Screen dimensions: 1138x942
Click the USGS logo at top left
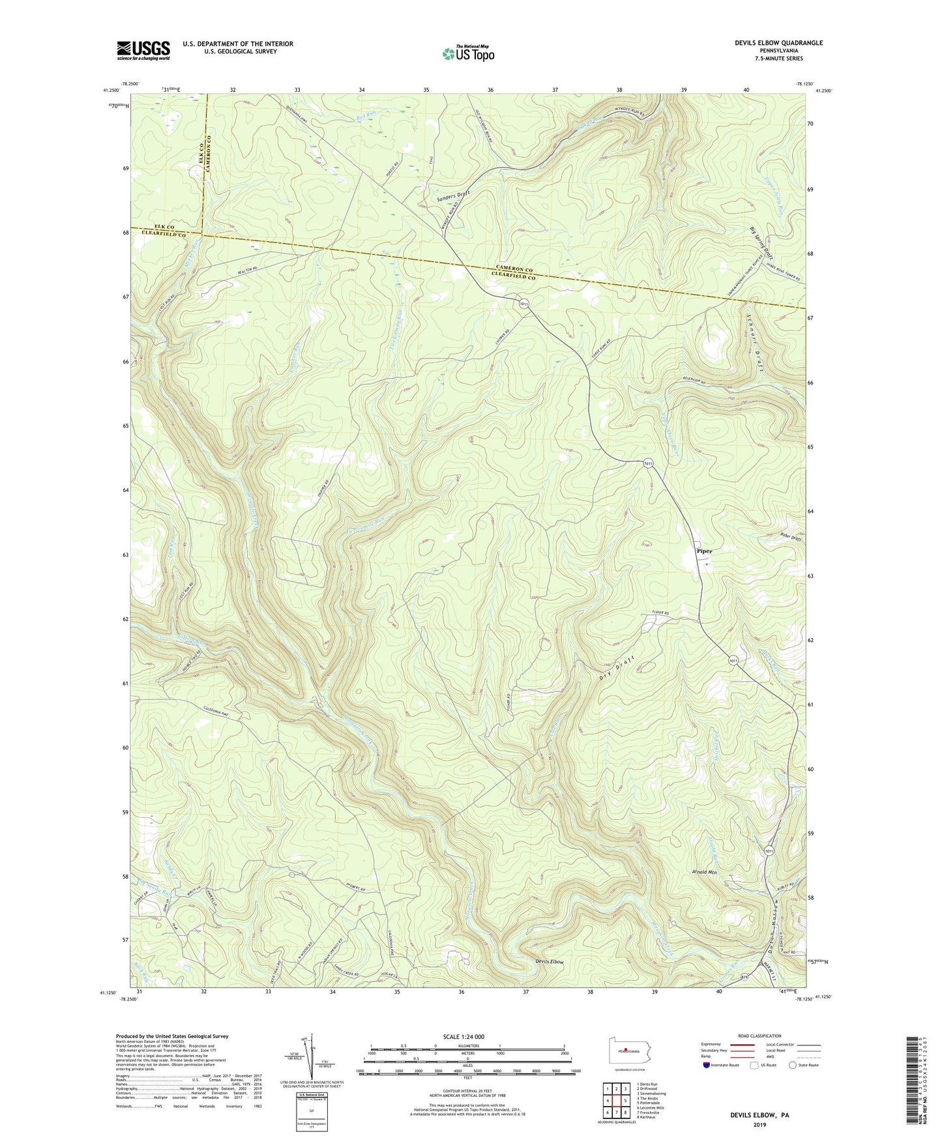(143, 50)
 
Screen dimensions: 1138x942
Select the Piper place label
(704, 551)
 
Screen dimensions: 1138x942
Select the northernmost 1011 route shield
(524, 304)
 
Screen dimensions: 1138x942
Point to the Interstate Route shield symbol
(707, 1065)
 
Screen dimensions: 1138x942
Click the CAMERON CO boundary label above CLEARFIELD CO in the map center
(515, 270)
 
